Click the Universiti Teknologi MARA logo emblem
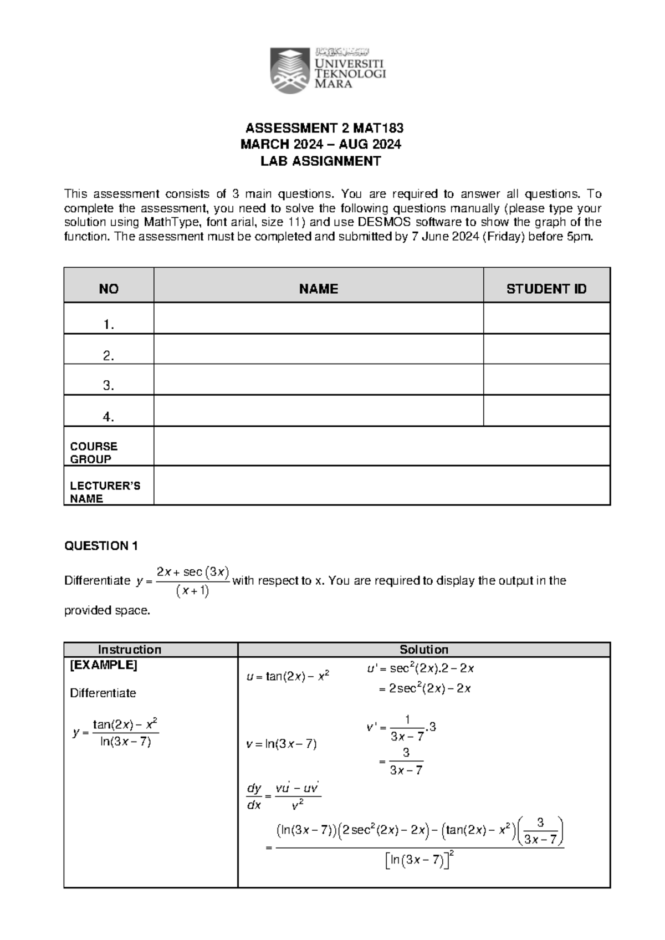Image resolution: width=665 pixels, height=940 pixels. tap(290, 70)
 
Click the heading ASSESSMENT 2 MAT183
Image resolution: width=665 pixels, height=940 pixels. tap(325, 129)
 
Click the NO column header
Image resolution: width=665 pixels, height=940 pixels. tap(109, 289)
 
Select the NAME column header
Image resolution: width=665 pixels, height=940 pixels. tap(318, 289)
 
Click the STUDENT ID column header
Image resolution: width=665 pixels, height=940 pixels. tap(546, 289)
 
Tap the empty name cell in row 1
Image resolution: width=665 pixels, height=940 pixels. tap(318, 319)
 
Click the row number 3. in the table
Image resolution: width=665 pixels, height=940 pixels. tap(109, 385)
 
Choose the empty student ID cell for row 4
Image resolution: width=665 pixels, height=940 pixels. tap(546, 411)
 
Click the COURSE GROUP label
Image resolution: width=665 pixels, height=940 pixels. tap(94, 452)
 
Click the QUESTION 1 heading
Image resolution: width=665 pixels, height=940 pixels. tap(101, 546)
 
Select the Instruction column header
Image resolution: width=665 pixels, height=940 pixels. tap(130, 650)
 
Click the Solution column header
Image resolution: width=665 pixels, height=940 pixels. tap(424, 650)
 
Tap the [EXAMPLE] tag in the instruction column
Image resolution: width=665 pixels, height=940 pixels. tap(103, 665)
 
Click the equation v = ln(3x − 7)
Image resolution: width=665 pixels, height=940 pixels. tap(282, 744)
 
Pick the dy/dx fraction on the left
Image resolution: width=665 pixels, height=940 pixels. tap(254, 796)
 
